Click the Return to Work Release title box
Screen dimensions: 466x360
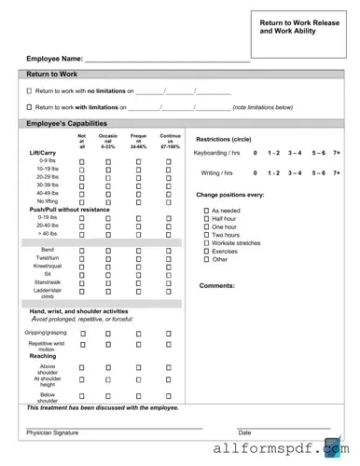click(x=300, y=33)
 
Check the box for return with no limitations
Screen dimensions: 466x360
click(x=29, y=91)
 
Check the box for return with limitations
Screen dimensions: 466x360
click(x=29, y=107)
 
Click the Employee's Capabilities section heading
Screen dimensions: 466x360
click(x=74, y=123)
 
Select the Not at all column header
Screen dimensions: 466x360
click(x=81, y=141)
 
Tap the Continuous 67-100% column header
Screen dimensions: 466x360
click(x=169, y=141)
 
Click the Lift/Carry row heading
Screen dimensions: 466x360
click(x=43, y=153)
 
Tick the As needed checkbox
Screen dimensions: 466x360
click(x=206, y=211)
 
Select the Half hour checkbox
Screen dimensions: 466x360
click(x=206, y=219)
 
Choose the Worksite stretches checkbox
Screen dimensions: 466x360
click(x=206, y=243)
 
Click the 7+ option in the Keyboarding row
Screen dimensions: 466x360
click(x=337, y=153)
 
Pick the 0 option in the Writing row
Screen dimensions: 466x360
click(x=255, y=172)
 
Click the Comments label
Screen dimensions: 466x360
click(x=216, y=285)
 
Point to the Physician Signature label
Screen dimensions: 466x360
click(x=52, y=432)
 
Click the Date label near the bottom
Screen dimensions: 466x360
click(x=244, y=432)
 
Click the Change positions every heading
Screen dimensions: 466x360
click(x=229, y=195)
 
